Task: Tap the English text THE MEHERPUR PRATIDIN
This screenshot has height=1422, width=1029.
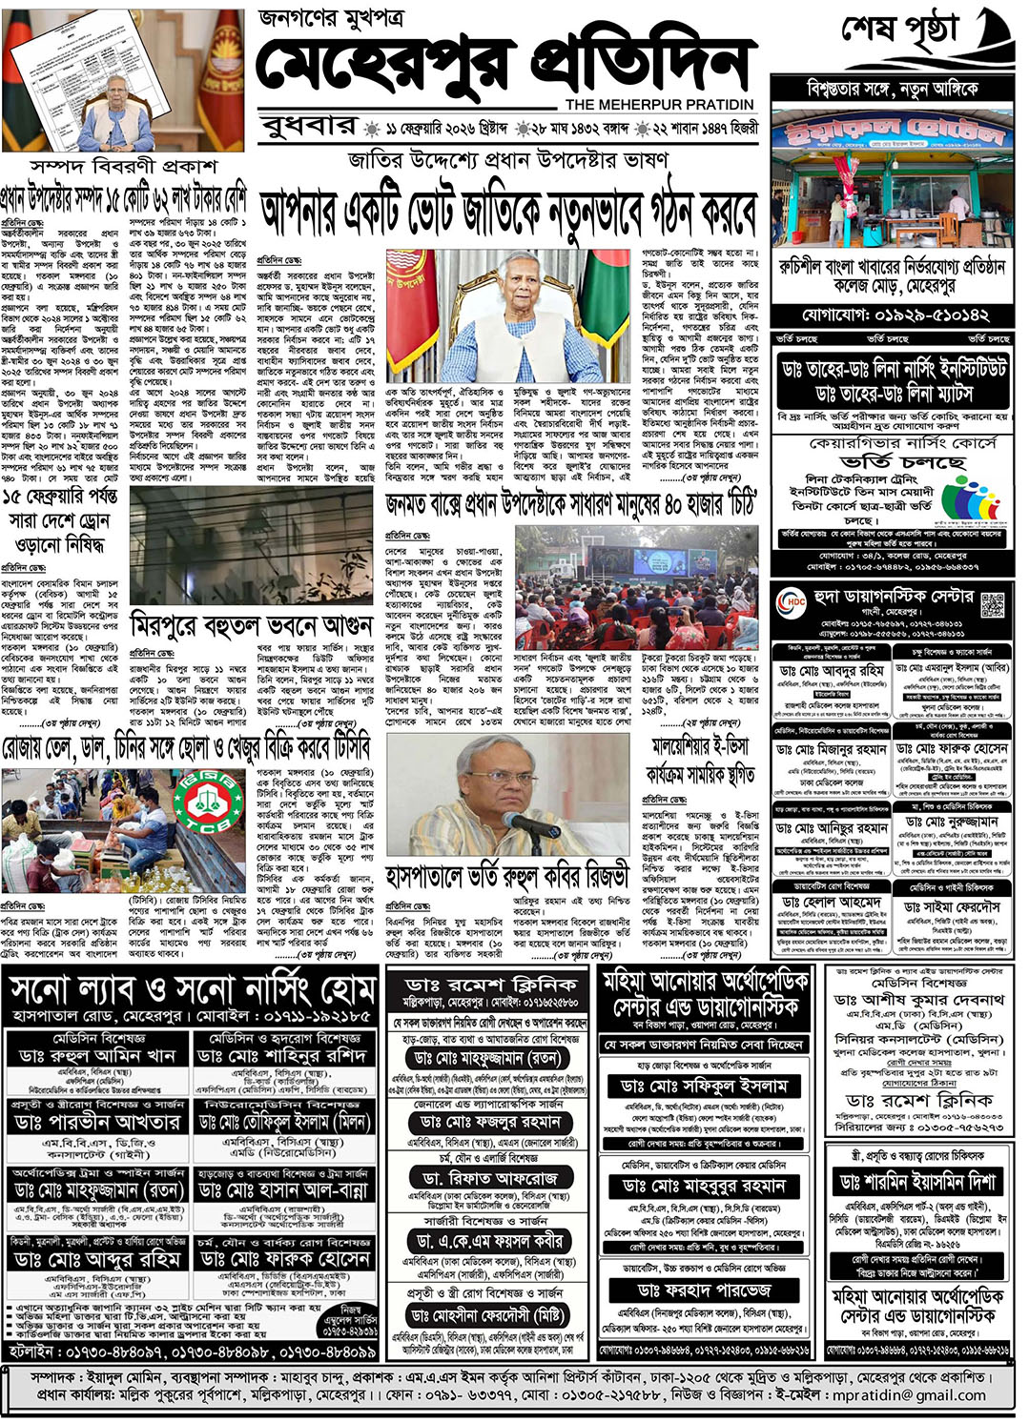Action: click(x=659, y=105)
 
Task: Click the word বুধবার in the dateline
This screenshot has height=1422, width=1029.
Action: click(x=306, y=127)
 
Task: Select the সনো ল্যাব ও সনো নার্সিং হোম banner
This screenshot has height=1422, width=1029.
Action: click(x=192, y=991)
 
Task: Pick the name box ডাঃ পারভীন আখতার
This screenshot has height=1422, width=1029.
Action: click(x=97, y=1121)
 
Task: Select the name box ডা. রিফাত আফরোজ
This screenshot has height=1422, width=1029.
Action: click(x=491, y=1179)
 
